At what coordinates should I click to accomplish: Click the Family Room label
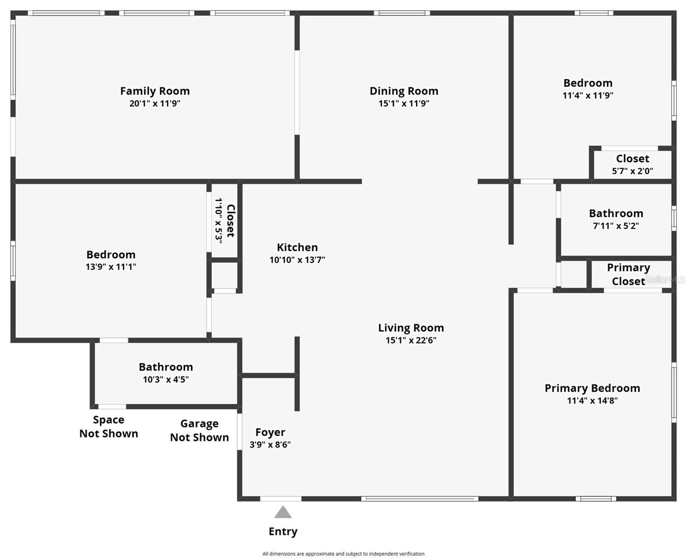pos(155,91)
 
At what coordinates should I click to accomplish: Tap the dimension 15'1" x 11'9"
pos(404,103)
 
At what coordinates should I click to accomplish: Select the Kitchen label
pos(297,247)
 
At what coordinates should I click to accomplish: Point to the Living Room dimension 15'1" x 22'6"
pos(411,341)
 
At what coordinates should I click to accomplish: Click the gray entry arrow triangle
pos(283,513)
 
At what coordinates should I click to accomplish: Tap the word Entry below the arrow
pos(283,532)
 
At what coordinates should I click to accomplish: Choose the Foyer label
pos(270,432)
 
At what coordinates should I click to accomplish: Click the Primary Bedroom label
pos(592,388)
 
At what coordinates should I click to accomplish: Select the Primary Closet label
pos(628,274)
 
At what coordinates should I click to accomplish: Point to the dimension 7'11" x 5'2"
pos(616,226)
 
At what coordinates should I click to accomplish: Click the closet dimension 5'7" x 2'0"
pos(632,171)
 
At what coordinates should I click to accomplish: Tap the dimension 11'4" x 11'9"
pos(588,95)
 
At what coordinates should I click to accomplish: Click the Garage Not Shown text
pos(199,430)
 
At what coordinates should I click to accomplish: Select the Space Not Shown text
pos(109,427)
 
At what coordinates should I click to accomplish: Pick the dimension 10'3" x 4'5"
pos(165,380)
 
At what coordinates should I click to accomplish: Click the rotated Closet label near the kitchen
pos(230,220)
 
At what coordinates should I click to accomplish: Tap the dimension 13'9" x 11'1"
pos(111,267)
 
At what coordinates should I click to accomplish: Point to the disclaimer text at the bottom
pos(343,554)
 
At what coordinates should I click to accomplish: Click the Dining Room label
pos(404,91)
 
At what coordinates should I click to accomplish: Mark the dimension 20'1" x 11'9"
pos(155,103)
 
